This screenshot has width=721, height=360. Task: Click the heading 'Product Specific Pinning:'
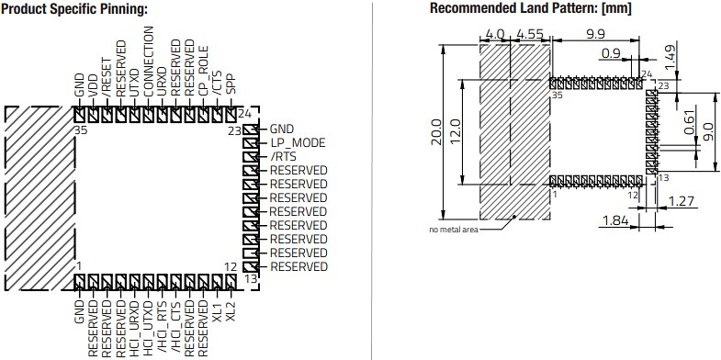point(75,9)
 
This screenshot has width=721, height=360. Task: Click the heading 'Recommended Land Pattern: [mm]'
point(531,9)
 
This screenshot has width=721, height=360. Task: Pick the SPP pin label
point(231,84)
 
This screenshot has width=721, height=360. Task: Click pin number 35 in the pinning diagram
point(79,131)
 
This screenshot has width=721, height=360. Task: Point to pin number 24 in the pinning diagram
point(245,114)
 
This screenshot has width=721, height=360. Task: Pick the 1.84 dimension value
point(614,220)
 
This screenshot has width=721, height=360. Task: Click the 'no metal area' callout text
point(452,229)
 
